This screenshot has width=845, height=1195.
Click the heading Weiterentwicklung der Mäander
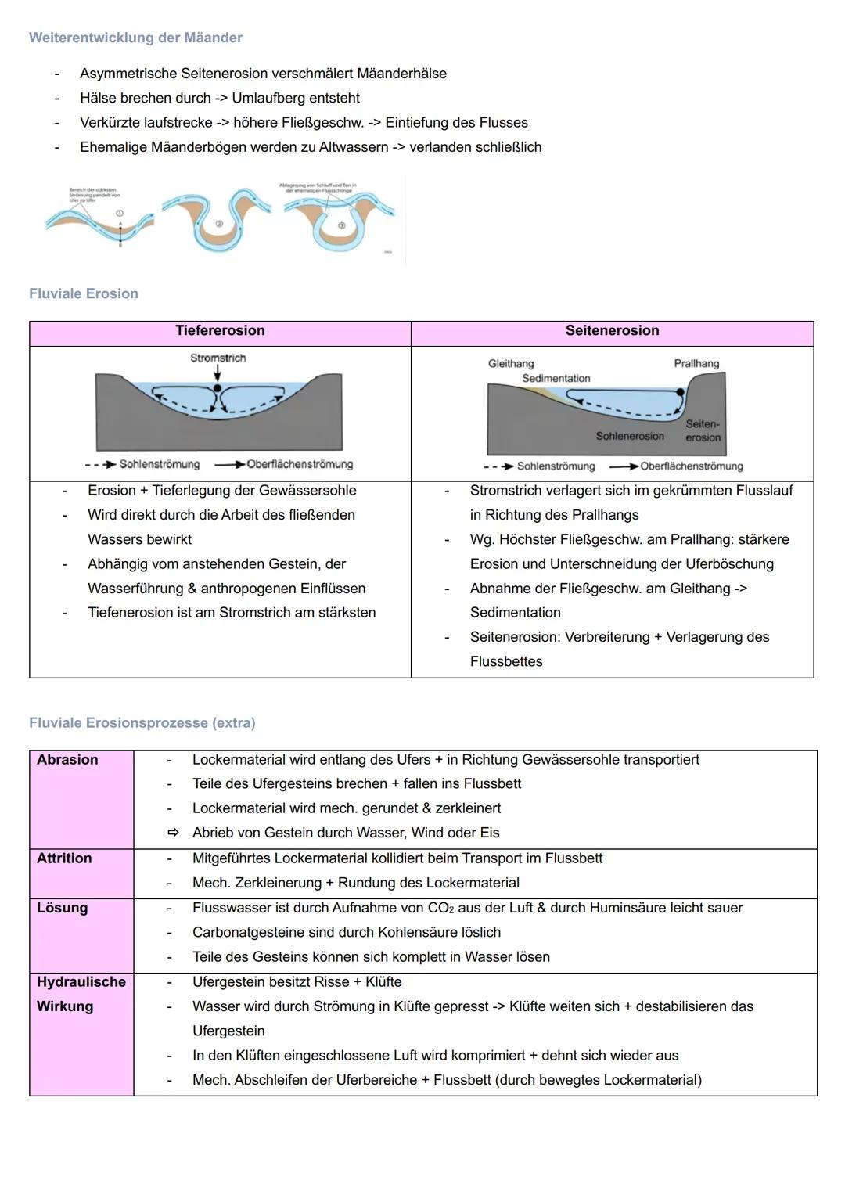click(x=135, y=38)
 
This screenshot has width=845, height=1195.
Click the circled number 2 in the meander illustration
click(x=219, y=224)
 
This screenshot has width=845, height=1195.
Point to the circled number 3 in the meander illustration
click(x=341, y=225)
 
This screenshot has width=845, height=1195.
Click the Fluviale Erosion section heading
click(x=84, y=293)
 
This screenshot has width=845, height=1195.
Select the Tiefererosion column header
click(x=220, y=330)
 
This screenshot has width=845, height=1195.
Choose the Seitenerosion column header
click(x=612, y=330)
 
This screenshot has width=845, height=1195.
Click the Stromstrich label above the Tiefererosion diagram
click(x=218, y=358)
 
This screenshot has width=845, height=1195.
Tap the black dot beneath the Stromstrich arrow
click(x=218, y=387)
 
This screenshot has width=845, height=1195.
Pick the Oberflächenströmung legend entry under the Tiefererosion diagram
click(x=299, y=464)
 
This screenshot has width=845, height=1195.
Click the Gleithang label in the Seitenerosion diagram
click(x=511, y=363)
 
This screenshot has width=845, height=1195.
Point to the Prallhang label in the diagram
click(x=696, y=363)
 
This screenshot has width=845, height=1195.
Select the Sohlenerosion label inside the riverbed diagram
click(x=630, y=436)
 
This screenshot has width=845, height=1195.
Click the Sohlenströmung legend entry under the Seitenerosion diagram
click(x=556, y=466)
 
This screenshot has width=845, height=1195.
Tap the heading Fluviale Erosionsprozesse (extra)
click(x=142, y=722)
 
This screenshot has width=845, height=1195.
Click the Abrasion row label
click(x=67, y=759)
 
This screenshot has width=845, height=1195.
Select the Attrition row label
click(x=64, y=858)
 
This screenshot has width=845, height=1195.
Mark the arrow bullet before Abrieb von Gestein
click(x=174, y=833)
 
